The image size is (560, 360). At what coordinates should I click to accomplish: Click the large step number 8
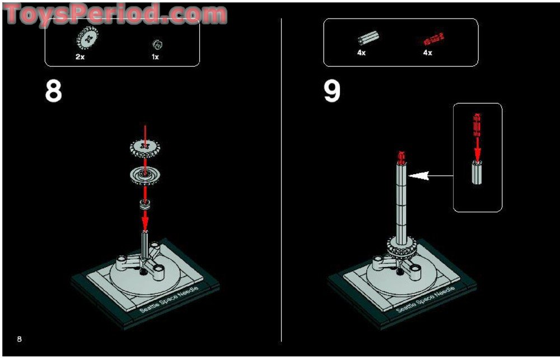point(54,91)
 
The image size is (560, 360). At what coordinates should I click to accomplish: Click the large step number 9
point(332,91)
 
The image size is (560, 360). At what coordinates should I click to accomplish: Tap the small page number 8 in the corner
point(20,339)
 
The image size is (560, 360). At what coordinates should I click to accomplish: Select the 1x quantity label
point(155,57)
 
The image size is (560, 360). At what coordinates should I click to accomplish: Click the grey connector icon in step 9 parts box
point(367,39)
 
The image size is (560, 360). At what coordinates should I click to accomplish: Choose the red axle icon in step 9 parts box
point(432,39)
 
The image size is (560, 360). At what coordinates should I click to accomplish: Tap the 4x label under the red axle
point(427,53)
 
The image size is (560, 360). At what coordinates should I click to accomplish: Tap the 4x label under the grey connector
point(361,53)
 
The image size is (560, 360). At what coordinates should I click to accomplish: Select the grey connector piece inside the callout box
point(477,172)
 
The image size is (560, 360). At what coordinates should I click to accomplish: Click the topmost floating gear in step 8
point(145,147)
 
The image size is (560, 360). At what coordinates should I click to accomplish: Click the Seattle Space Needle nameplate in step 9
point(426,300)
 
